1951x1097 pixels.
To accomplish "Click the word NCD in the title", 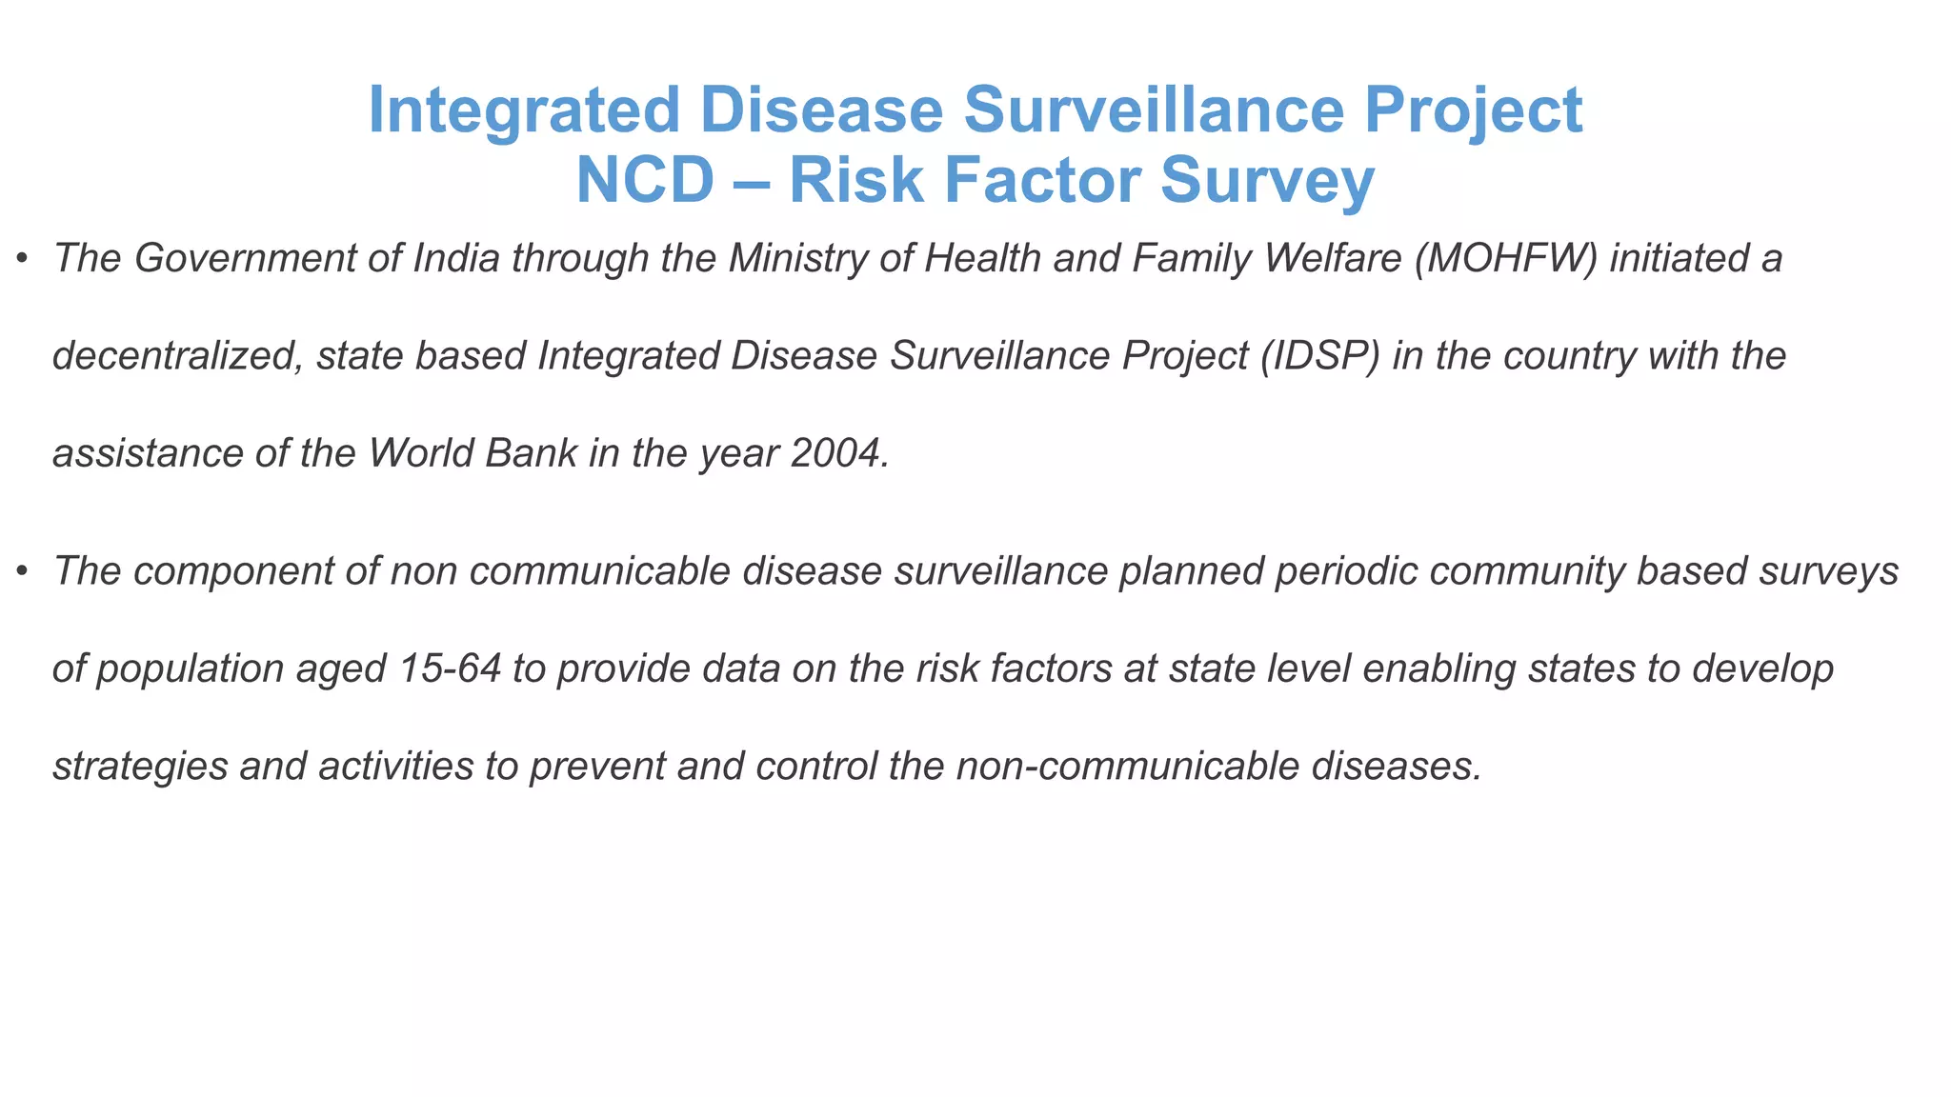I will pos(645,180).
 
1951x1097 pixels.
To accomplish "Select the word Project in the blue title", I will pos(1473,110).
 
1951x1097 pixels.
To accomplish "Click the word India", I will pos(456,258).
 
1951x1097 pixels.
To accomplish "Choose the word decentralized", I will pos(178,355).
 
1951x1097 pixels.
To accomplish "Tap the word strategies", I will pos(140,766).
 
